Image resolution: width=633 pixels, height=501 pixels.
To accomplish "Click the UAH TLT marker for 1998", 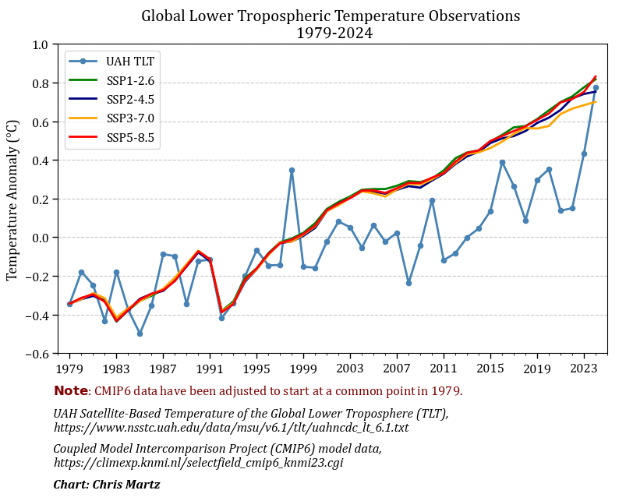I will pos(292,170).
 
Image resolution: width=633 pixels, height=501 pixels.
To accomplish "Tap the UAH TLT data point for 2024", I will pos(596,88).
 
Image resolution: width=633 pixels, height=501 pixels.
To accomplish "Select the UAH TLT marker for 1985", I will pos(140,333).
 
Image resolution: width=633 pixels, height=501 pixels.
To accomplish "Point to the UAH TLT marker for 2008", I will pos(408,283).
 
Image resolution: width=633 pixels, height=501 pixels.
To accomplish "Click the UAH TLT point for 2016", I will pos(502,162).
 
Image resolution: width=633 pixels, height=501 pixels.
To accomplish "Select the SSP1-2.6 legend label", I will pos(130,79).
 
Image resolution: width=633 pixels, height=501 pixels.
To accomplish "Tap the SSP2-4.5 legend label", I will pos(130,99).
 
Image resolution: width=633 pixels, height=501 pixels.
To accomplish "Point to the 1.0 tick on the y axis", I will pos(40,44).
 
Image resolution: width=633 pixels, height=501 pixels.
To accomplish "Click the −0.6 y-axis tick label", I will pos(37,354).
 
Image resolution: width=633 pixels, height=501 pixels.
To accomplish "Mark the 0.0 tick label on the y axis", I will pos(40,238).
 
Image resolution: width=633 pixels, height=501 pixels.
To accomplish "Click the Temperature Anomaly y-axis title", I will pos(12,199).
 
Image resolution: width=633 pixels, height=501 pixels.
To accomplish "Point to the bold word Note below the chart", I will pos(70,391).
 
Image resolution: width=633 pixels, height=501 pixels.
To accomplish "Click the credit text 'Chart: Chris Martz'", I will pos(107,485).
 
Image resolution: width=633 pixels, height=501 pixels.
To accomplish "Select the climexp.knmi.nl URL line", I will pos(198,463).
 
